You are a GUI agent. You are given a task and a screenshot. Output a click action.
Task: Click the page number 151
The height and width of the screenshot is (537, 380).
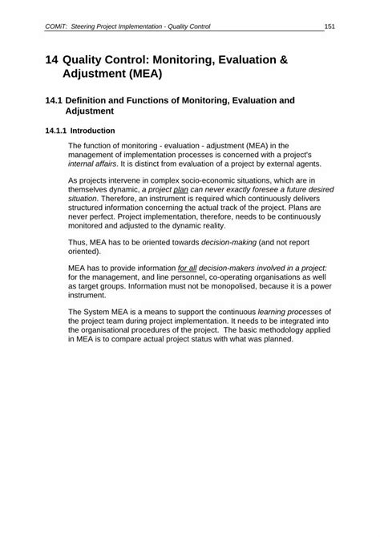329,26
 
